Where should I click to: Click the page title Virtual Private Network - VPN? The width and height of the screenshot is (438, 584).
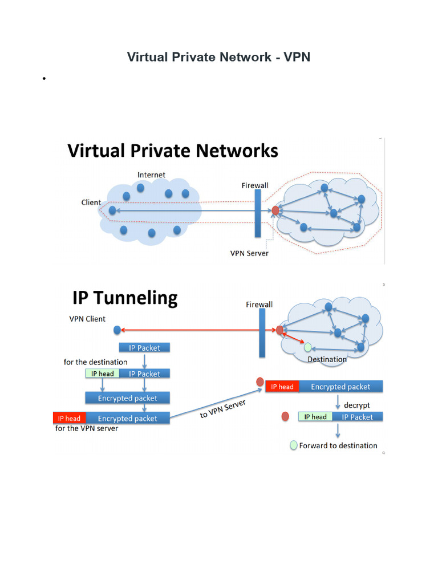click(218, 57)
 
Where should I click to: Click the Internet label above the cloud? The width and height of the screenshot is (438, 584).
click(151, 175)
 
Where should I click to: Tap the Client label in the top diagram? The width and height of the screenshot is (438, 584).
click(91, 202)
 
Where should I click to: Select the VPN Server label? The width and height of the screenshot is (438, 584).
click(249, 253)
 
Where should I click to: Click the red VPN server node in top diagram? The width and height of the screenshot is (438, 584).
click(275, 210)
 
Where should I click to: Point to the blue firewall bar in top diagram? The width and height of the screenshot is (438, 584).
click(258, 213)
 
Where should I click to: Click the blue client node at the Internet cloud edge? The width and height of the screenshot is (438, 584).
click(112, 210)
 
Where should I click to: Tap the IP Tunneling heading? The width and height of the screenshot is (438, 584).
click(125, 298)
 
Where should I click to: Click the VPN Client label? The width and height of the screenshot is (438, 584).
click(87, 319)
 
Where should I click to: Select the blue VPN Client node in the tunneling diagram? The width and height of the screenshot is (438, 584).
click(117, 330)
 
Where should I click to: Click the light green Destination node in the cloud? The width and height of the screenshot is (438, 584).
click(307, 347)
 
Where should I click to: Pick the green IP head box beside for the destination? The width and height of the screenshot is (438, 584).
click(103, 374)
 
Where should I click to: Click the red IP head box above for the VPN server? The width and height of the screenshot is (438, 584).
click(69, 418)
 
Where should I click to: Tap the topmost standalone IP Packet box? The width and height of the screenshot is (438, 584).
click(144, 347)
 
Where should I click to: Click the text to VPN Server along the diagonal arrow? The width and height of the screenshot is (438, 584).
click(223, 409)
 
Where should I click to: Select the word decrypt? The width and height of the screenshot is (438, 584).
click(357, 405)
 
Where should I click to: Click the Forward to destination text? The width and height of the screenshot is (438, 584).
click(338, 445)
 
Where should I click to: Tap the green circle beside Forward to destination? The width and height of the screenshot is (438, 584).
click(294, 445)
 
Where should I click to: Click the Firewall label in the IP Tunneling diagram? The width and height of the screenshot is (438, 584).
click(259, 305)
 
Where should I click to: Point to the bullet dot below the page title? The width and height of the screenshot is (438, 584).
click(44, 78)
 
